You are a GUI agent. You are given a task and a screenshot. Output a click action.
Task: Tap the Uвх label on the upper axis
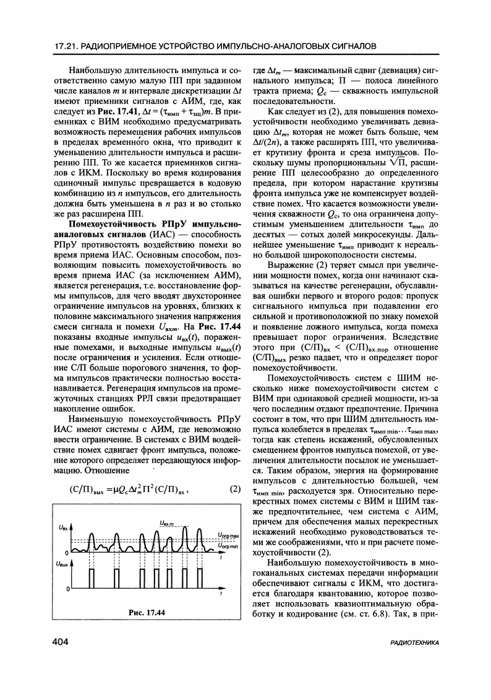click(x=62, y=527)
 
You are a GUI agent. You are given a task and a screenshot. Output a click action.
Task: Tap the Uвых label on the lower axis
click(x=62, y=564)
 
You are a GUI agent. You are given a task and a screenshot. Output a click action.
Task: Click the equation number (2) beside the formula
click(x=234, y=489)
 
